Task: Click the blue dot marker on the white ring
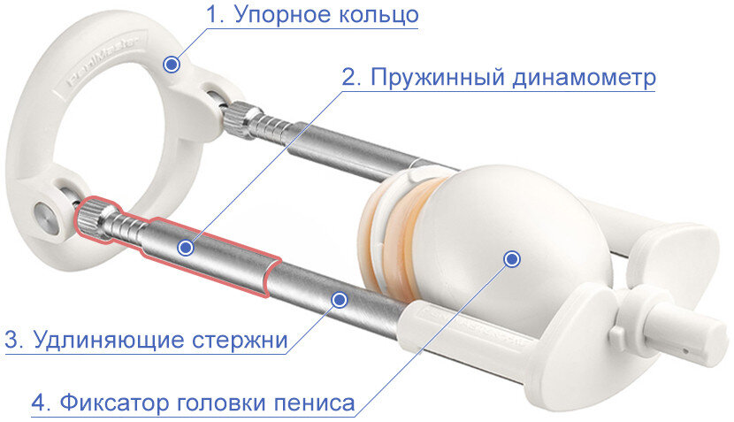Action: click(172, 64)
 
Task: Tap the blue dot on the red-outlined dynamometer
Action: click(185, 249)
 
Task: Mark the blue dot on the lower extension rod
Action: click(337, 299)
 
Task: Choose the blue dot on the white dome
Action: click(511, 258)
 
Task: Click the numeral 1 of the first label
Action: click(210, 15)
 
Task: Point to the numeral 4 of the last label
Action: click(39, 403)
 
